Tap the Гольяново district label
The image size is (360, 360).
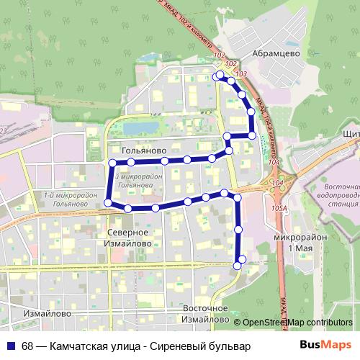(139, 151)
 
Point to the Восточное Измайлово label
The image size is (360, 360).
(205, 313)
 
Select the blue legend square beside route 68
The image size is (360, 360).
(9, 346)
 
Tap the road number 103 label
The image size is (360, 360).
(240, 74)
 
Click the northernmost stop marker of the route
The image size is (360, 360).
(219, 74)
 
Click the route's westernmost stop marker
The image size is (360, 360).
(108, 204)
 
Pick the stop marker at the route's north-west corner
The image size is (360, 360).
(112, 163)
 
